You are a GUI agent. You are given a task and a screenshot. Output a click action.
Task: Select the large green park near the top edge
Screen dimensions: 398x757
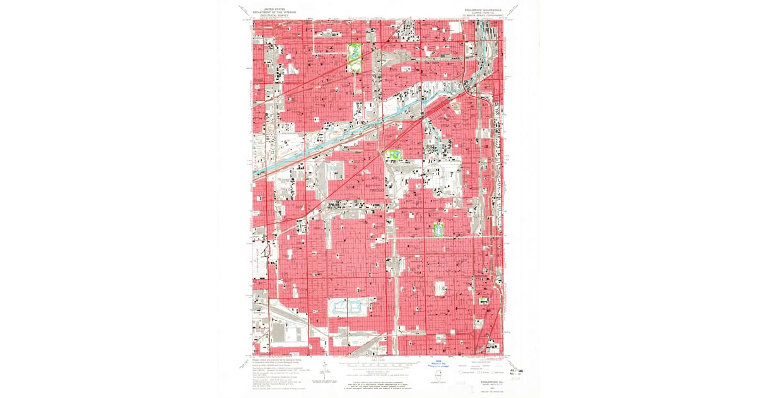pos(355,57)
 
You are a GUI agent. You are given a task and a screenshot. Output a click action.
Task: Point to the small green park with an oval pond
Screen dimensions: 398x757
pos(438,229)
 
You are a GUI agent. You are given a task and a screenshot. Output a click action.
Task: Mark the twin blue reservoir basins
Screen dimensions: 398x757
pos(347,308)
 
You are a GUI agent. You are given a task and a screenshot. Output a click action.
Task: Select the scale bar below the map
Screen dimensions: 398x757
pos(378,365)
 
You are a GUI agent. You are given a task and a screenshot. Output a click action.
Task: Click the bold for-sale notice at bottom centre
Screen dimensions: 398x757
pos(378,381)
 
